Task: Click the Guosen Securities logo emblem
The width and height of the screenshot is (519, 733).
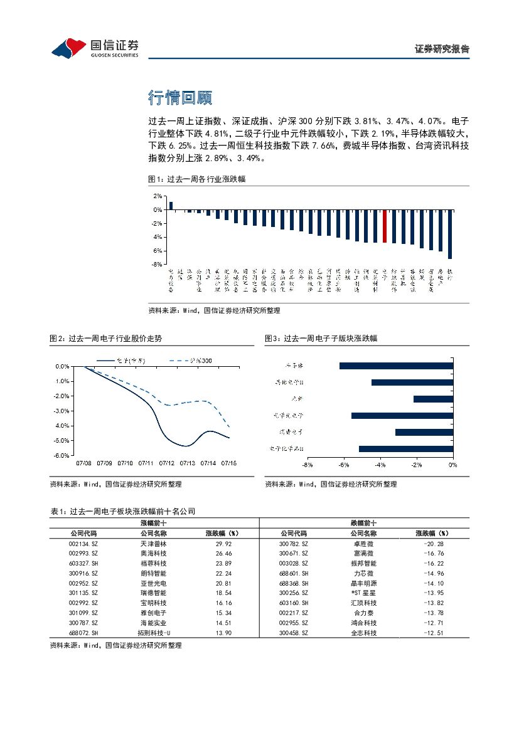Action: (68, 48)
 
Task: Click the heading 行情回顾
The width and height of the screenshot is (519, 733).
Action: (179, 97)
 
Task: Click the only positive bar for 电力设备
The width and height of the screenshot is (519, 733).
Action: (171, 206)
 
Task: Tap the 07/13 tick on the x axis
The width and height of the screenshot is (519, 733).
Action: (188, 463)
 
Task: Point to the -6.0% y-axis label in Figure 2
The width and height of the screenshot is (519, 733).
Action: (62, 456)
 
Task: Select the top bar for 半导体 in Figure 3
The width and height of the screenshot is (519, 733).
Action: (396, 366)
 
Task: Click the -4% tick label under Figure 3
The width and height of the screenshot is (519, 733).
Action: (380, 465)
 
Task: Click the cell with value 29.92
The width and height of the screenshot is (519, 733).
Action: (223, 544)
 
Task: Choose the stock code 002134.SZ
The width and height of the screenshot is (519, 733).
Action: (83, 544)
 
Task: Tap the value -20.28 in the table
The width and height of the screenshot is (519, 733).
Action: (434, 544)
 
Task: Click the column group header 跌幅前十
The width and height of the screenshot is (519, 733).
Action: (363, 523)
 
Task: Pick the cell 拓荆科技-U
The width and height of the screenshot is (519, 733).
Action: (154, 633)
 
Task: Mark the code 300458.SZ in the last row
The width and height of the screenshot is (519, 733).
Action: (293, 633)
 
